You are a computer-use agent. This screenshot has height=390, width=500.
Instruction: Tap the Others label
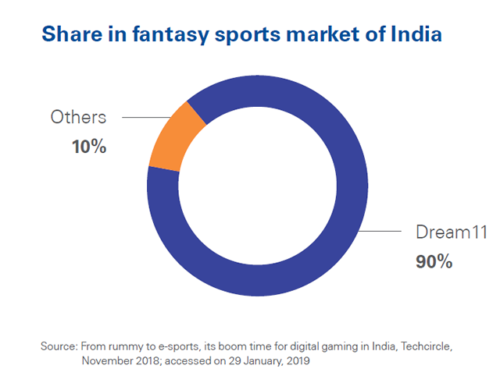pos(78,118)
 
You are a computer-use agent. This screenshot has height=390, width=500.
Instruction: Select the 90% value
pos(434,261)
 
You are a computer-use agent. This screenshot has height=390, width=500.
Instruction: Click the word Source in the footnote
pos(56,346)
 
